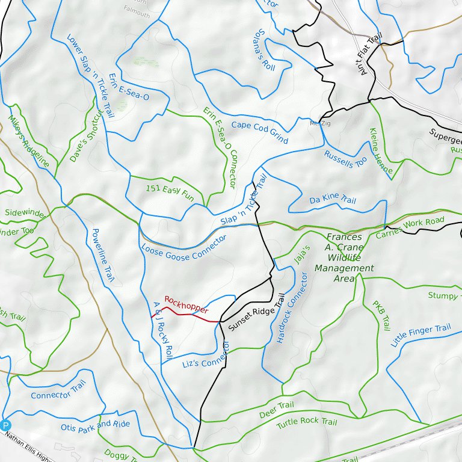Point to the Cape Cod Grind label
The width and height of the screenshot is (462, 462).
pyautogui.click(x=260, y=132)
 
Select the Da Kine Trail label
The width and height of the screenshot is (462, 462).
pyautogui.click(x=333, y=199)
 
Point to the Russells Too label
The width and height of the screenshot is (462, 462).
pyautogui.click(x=345, y=158)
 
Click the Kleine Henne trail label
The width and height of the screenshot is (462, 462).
pyautogui.click(x=381, y=152)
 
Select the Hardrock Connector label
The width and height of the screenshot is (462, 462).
pyautogui.click(x=292, y=307)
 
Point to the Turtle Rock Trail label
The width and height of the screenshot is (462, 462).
pyautogui.click(x=307, y=422)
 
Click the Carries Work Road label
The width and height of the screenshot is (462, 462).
pyautogui.click(x=410, y=228)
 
